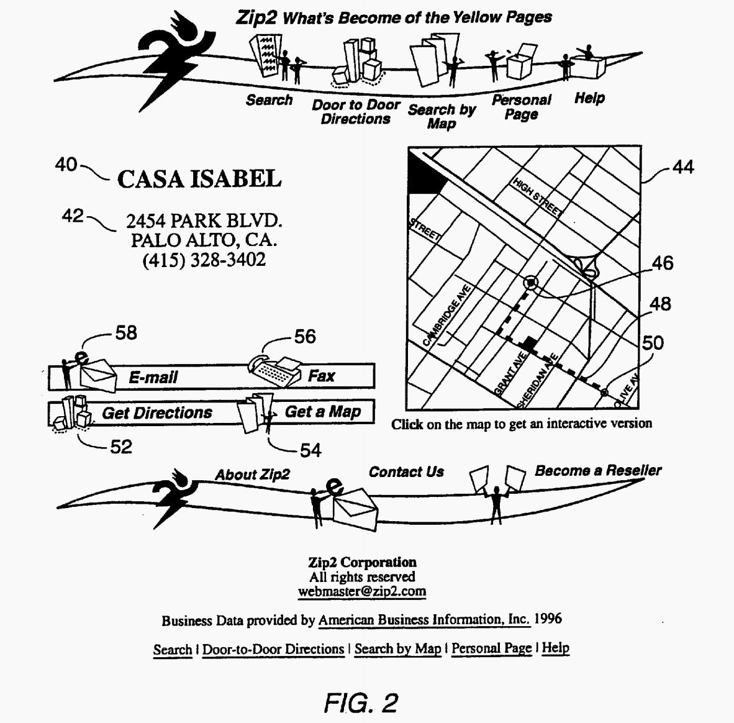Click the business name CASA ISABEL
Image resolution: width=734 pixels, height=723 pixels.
(x=199, y=179)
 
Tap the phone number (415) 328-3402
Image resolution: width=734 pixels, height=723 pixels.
(x=204, y=260)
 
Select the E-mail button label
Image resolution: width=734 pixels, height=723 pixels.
(x=153, y=377)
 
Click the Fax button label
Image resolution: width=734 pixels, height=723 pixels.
(x=321, y=376)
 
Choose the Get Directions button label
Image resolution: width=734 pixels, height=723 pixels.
(x=157, y=412)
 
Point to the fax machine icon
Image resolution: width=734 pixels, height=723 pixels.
(x=275, y=370)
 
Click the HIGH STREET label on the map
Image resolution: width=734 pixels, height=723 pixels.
(x=537, y=197)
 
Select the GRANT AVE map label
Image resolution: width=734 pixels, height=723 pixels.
(x=510, y=373)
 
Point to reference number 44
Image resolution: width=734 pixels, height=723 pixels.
(x=683, y=166)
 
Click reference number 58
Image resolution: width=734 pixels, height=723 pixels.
(x=126, y=333)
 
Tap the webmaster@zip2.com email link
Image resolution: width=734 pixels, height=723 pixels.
(x=362, y=591)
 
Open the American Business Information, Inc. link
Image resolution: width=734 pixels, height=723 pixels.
(x=424, y=619)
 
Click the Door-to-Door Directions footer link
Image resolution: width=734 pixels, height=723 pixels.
(x=273, y=650)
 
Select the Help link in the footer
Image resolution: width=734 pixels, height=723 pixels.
(x=556, y=648)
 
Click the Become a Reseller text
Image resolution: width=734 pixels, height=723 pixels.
(x=598, y=471)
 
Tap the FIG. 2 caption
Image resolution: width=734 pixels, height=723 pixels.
(x=361, y=703)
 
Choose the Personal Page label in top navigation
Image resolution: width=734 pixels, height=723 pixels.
(x=522, y=107)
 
